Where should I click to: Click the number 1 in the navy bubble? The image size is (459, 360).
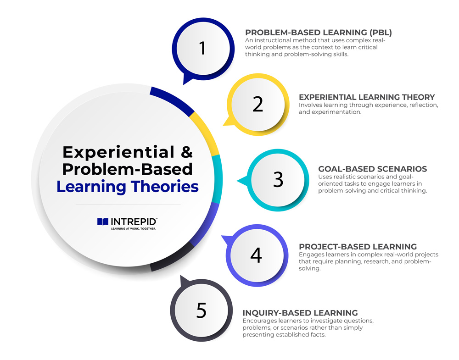tap(202, 48)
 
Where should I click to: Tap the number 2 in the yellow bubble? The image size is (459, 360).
tap(258, 105)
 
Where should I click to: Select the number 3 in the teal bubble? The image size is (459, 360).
tap(278, 180)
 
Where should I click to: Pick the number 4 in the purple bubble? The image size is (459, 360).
tap(256, 255)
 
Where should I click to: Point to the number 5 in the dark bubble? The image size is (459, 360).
tap(202, 310)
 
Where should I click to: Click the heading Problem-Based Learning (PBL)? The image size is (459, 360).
tap(319, 33)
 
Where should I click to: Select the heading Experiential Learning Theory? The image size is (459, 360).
tap(367, 97)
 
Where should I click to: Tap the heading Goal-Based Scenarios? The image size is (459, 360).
tap(373, 169)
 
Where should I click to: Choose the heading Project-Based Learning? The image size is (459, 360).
tap(358, 247)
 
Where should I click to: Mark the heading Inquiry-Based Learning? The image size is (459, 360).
tap(300, 313)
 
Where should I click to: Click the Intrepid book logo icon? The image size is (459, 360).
tap(103, 222)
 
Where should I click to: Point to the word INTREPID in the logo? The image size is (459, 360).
tap(134, 222)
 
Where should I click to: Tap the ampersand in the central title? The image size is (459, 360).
tap(187, 152)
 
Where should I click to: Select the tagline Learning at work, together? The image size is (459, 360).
tap(134, 229)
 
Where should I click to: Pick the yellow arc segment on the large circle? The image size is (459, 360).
tap(207, 133)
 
